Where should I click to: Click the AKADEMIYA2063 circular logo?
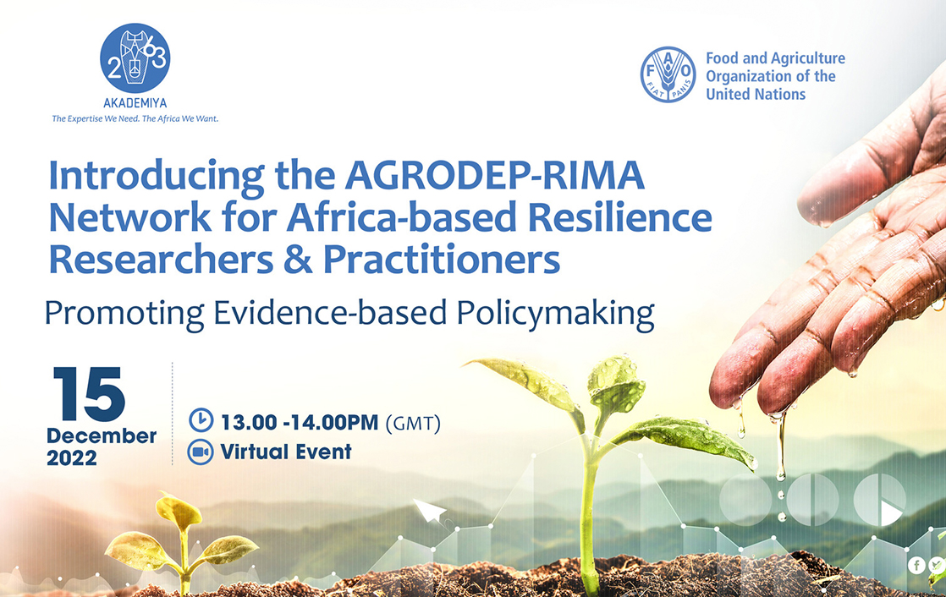pos(135,58)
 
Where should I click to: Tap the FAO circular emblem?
pos(668,74)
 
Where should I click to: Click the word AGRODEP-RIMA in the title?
pos(495,175)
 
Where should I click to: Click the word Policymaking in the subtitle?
pos(555,315)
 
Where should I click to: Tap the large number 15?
pos(89,394)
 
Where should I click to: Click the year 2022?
pos(72,458)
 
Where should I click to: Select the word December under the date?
pos(102,435)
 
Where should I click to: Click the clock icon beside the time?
pos(201,419)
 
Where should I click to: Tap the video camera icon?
pos(201,452)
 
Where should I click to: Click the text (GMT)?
pos(413,423)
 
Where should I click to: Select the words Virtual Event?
pos(286,452)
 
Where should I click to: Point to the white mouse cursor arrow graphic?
pos(430,511)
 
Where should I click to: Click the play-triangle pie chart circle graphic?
pos(880,499)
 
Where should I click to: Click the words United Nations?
pos(756,94)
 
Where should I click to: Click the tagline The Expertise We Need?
pos(96,118)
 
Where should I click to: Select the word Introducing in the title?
pos(157,176)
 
